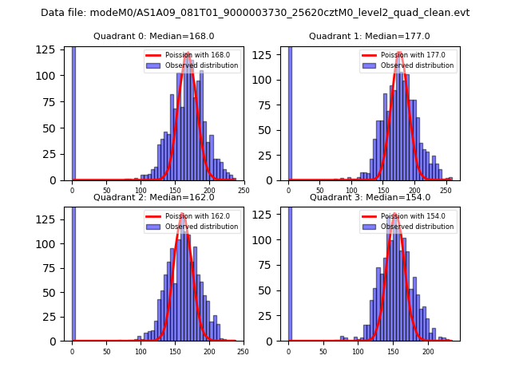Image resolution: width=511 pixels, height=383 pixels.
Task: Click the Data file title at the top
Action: pyautogui.click(x=255, y=13)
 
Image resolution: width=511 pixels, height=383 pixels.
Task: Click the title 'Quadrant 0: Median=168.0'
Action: pyautogui.click(x=154, y=36)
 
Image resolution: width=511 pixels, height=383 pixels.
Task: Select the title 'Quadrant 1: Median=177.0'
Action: pyautogui.click(x=370, y=36)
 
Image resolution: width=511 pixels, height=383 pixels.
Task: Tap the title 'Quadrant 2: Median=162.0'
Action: pyautogui.click(x=154, y=197)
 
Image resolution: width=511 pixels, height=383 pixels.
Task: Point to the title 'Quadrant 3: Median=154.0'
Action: pyautogui.click(x=370, y=197)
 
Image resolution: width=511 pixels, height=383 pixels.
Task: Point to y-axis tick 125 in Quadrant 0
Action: pyautogui.click(x=50, y=49)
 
